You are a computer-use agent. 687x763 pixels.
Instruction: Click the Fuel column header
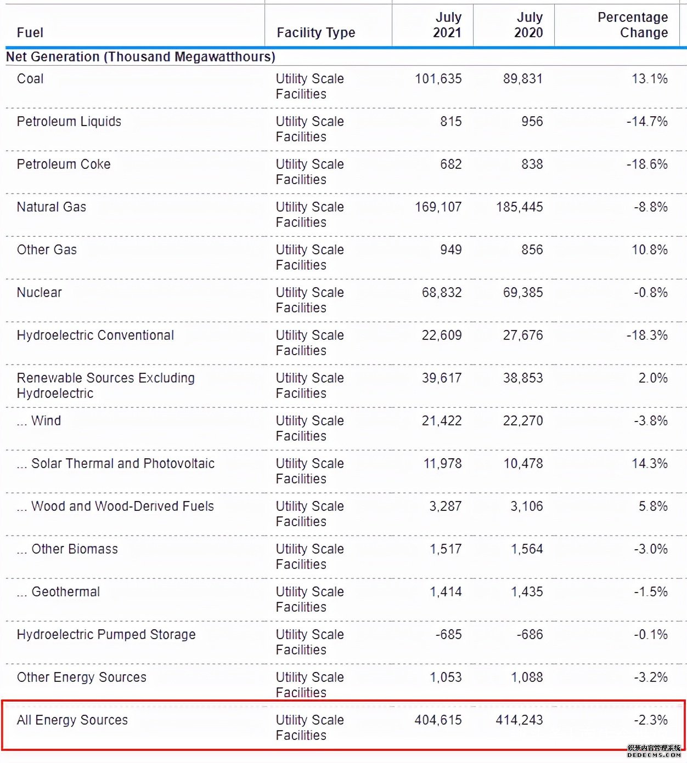click(30, 33)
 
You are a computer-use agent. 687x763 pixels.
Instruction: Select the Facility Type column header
click(316, 33)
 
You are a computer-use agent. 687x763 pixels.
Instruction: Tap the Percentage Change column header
click(633, 25)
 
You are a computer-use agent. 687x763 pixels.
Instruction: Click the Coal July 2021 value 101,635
click(438, 79)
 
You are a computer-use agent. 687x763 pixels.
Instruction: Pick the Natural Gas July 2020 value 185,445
click(520, 207)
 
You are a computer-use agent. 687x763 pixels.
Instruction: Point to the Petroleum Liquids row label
click(69, 121)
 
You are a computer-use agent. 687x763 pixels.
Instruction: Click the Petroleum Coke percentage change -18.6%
click(647, 164)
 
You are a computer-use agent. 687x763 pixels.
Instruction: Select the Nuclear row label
click(39, 293)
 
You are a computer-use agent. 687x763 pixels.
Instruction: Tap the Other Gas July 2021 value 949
click(451, 250)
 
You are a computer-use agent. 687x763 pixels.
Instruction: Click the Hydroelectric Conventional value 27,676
click(523, 335)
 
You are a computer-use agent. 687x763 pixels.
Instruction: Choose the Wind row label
click(39, 420)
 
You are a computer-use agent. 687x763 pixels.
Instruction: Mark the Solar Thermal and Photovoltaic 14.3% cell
click(650, 463)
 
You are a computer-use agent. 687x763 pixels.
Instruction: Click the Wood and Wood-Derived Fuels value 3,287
click(445, 506)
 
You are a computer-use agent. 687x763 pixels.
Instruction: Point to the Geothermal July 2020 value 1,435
click(527, 592)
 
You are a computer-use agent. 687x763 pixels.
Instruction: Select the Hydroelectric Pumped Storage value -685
click(449, 634)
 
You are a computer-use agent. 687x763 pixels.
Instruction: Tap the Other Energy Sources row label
click(82, 677)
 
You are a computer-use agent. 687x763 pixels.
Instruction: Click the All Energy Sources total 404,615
click(438, 720)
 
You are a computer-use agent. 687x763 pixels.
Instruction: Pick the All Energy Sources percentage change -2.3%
click(651, 720)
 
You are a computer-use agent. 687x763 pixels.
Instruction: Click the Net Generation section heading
click(140, 56)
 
